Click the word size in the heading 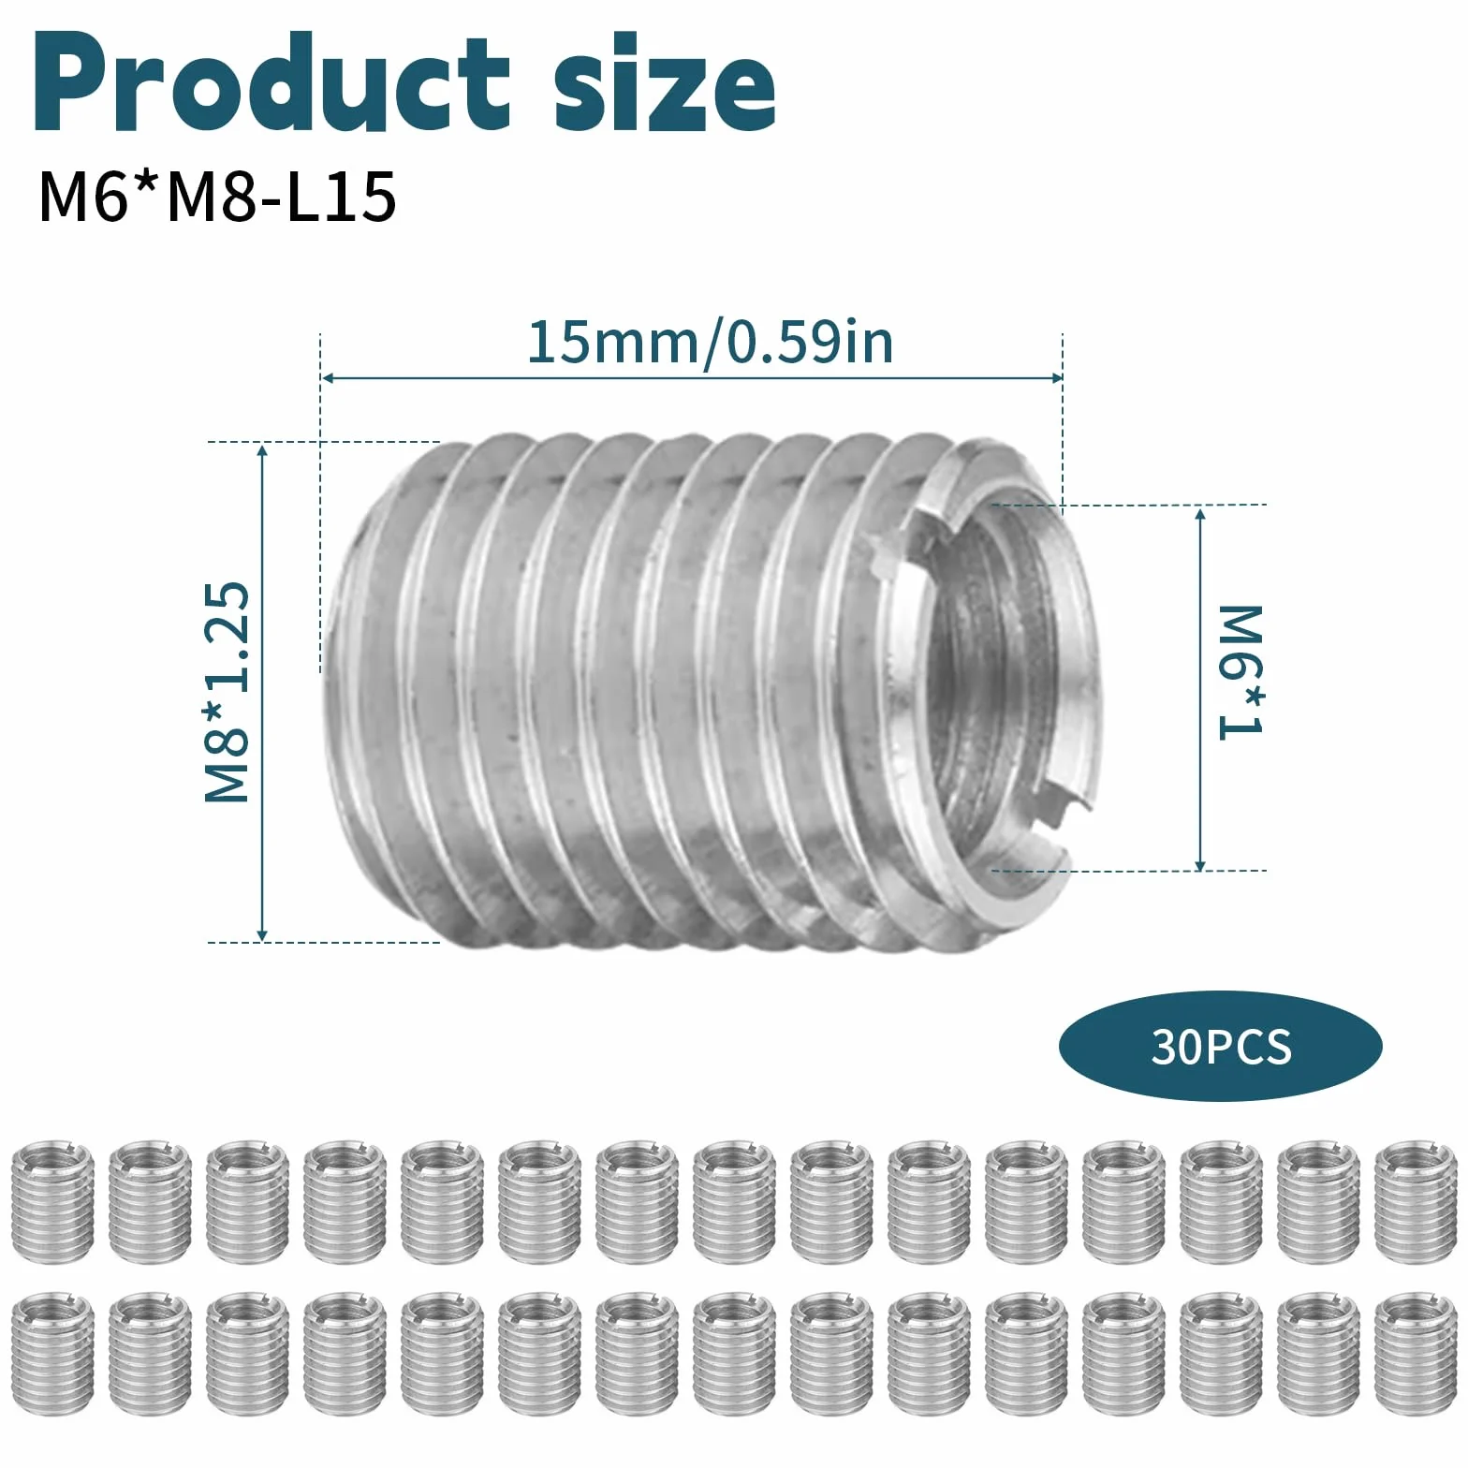click(x=665, y=86)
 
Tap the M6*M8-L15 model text click(x=217, y=197)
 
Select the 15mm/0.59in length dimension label click(x=711, y=343)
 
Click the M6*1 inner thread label click(x=1240, y=672)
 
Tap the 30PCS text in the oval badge click(x=1221, y=1047)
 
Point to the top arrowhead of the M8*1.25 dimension click(x=263, y=450)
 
